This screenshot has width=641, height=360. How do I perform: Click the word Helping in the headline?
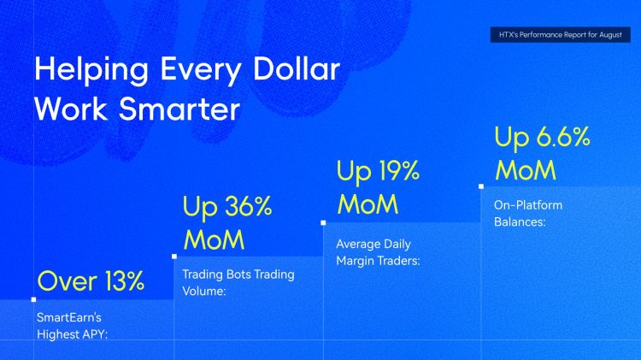tap(91, 70)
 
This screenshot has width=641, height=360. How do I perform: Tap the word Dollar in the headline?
tap(297, 68)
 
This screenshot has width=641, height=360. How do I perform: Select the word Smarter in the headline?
tap(179, 109)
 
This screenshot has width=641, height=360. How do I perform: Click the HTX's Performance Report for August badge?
tap(560, 35)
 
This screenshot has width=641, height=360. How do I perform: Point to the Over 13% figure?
tap(91, 280)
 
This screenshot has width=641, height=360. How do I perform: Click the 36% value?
tap(247, 206)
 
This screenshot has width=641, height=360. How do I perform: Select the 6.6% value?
tap(563, 137)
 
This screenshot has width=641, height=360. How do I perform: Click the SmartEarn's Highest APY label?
tap(73, 326)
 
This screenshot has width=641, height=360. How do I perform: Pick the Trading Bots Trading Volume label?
tap(238, 282)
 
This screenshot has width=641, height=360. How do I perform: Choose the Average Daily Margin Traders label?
tap(378, 252)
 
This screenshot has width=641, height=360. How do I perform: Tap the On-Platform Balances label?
tap(528, 213)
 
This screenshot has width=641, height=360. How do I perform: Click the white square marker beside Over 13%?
tap(33, 299)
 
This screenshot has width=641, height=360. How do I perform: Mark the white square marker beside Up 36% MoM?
tap(174, 257)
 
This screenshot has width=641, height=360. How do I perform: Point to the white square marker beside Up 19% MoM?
tap(323, 223)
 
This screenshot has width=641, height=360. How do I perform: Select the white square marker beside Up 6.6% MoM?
tap(481, 186)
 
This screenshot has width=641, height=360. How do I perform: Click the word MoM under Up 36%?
tap(215, 239)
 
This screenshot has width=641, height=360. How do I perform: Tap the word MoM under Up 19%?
tap(368, 204)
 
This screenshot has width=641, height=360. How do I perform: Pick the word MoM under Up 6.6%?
tap(526, 170)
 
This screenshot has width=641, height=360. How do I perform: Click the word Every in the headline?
tap(200, 70)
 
